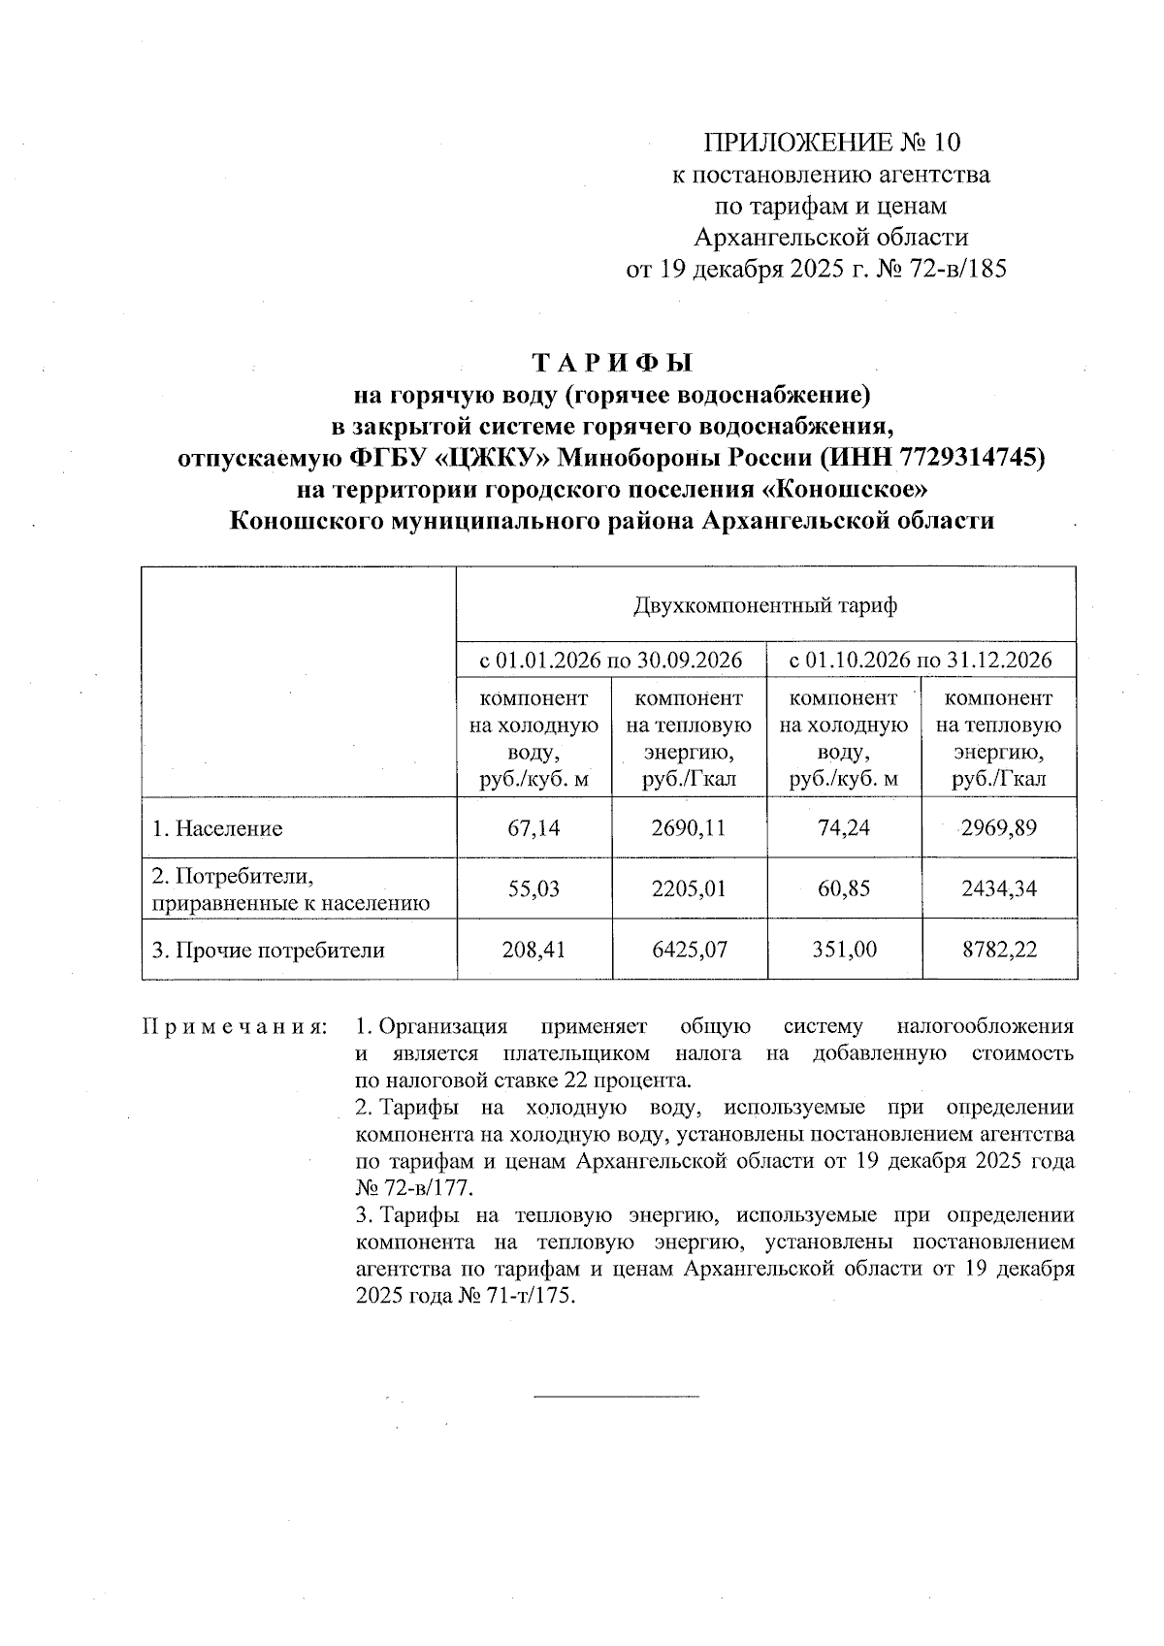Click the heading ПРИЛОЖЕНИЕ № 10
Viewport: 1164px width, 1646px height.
point(831,144)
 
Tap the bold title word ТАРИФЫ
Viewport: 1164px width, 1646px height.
point(614,364)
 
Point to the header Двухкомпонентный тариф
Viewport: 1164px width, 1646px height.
point(765,606)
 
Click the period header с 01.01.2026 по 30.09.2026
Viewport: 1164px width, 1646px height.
point(612,662)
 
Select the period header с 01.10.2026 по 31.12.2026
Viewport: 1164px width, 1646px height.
point(921,662)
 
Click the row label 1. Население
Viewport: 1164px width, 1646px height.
point(217,829)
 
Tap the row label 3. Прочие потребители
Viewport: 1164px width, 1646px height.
point(268,951)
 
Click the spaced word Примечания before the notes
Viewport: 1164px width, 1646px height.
point(234,1027)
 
